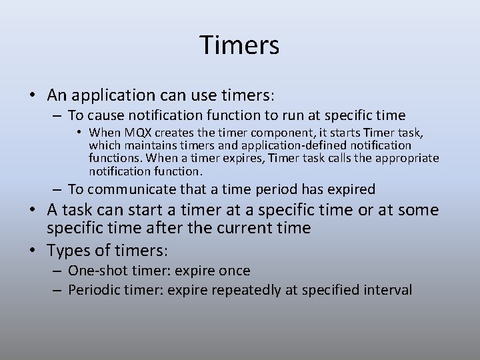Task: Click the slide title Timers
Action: tap(239, 45)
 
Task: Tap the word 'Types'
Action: tap(66, 251)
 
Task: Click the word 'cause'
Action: tap(105, 115)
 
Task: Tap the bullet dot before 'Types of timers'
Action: tap(33, 252)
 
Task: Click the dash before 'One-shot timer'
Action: tap(58, 271)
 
